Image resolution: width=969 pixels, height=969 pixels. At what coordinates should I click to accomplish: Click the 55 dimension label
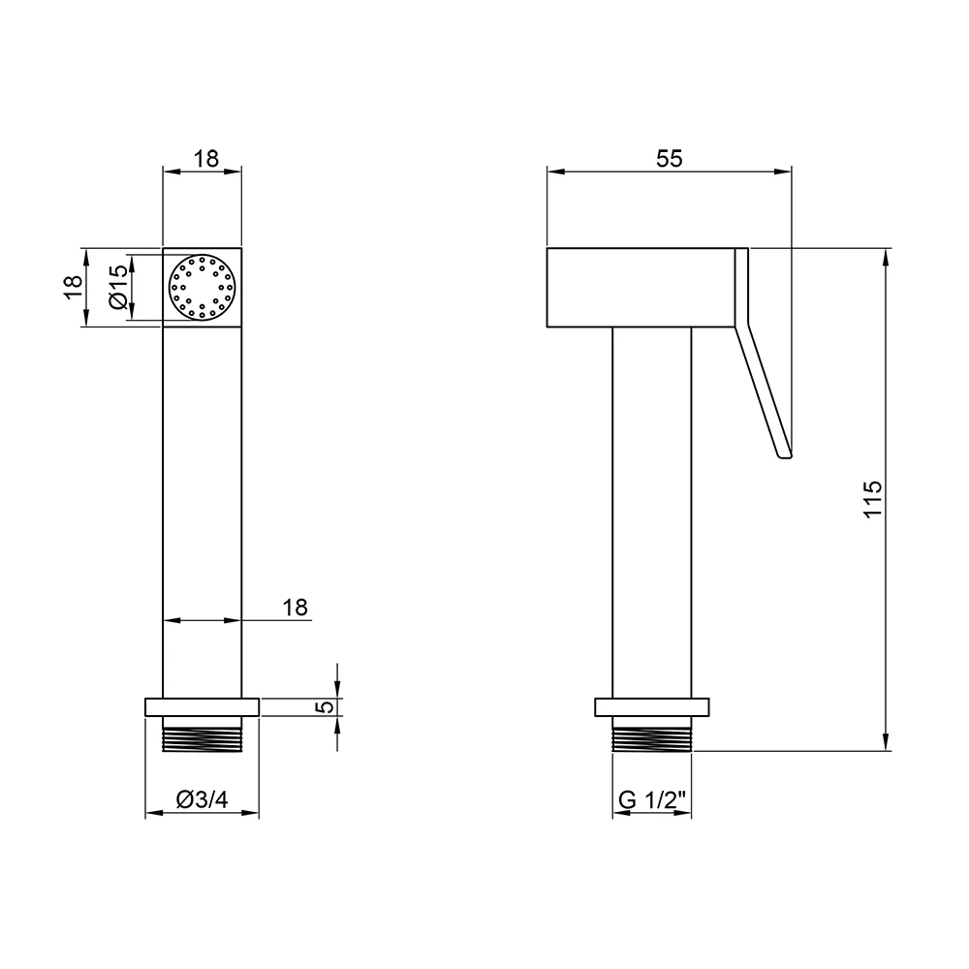pyautogui.click(x=670, y=159)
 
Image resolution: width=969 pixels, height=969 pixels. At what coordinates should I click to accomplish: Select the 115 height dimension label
pyautogui.click(x=872, y=499)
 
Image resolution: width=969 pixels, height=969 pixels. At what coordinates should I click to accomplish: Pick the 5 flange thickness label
pyautogui.click(x=327, y=706)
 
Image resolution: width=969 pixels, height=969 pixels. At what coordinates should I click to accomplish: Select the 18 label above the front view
pyautogui.click(x=206, y=159)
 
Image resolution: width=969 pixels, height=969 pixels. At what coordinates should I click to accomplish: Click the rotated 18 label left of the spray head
pyautogui.click(x=73, y=287)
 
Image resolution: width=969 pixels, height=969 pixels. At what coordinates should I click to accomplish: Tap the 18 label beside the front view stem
pyautogui.click(x=296, y=608)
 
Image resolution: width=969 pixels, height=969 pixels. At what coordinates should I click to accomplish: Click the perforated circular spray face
pyautogui.click(x=203, y=288)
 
